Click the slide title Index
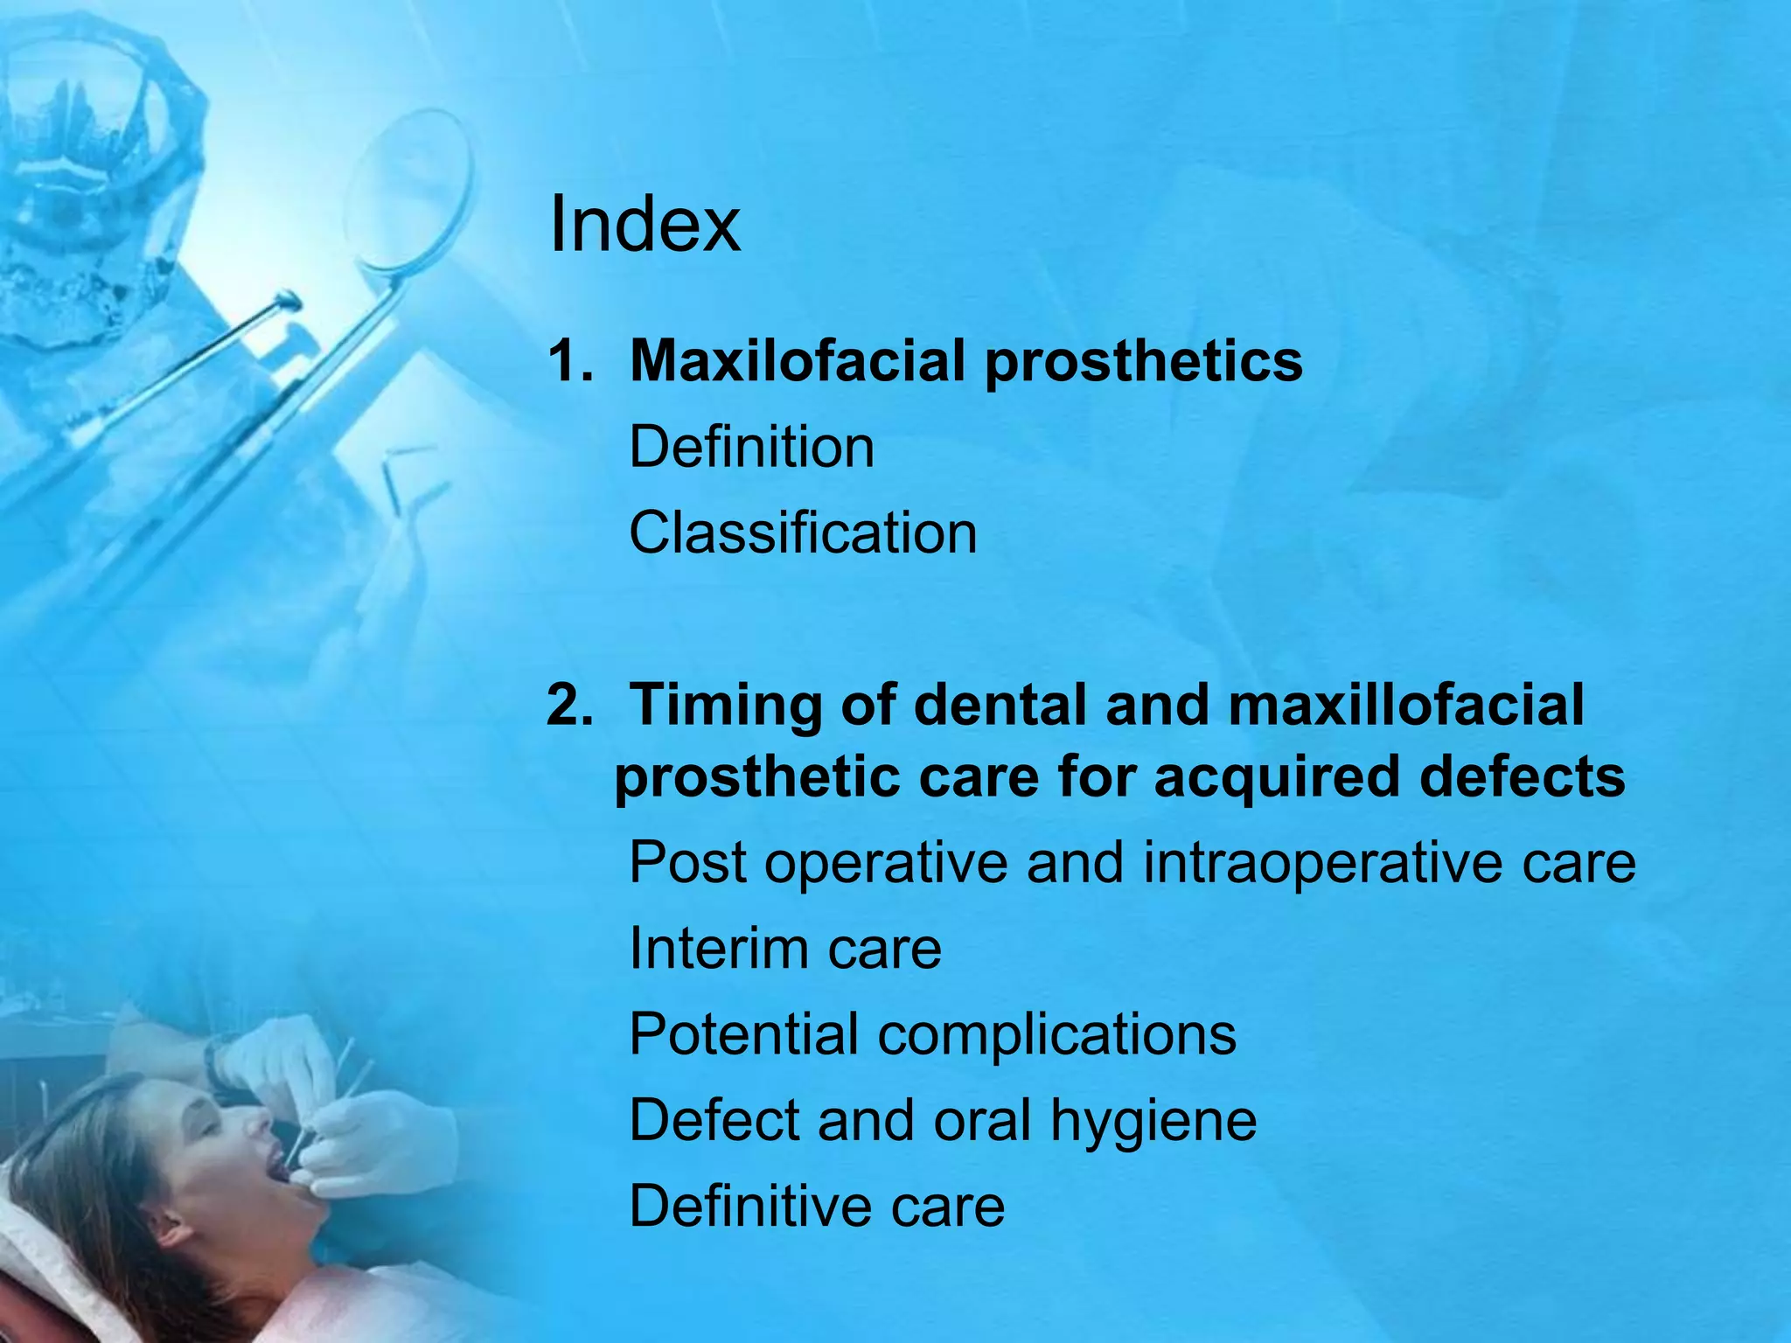(x=645, y=225)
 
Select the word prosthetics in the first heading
(x=1144, y=362)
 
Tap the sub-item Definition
(x=751, y=447)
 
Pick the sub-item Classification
(x=803, y=532)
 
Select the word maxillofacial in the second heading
(x=1405, y=705)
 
